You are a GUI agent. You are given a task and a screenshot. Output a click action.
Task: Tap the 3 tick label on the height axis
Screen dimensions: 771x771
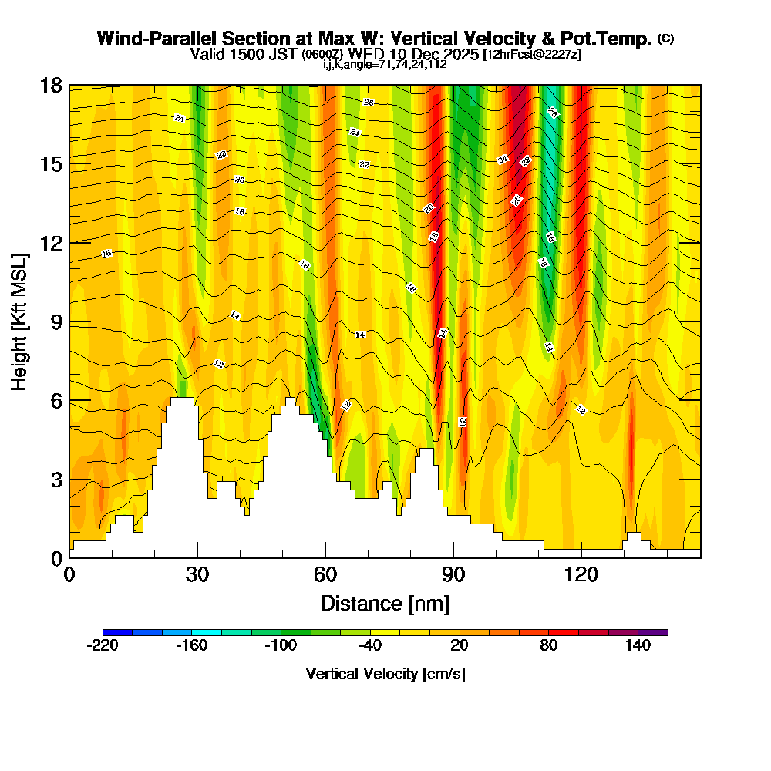56,480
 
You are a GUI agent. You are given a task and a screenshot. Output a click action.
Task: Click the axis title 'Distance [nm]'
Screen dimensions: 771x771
385,602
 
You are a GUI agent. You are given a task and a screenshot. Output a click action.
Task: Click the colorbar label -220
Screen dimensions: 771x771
103,646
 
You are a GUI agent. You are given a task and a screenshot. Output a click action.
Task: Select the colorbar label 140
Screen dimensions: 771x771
638,646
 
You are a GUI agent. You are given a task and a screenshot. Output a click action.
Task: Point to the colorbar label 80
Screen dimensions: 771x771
549,646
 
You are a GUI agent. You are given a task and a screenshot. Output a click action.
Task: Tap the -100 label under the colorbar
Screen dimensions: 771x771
281,646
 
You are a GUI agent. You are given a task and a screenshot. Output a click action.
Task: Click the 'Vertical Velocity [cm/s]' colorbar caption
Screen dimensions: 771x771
385,674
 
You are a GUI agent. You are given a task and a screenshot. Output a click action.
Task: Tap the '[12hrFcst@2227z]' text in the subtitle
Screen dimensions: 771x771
531,55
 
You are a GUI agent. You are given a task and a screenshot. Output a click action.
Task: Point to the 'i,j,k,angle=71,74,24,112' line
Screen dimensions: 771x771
385,64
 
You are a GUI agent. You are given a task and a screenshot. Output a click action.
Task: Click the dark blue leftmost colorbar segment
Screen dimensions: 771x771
117,632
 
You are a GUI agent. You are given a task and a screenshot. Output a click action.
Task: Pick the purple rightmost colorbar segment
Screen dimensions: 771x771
653,632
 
